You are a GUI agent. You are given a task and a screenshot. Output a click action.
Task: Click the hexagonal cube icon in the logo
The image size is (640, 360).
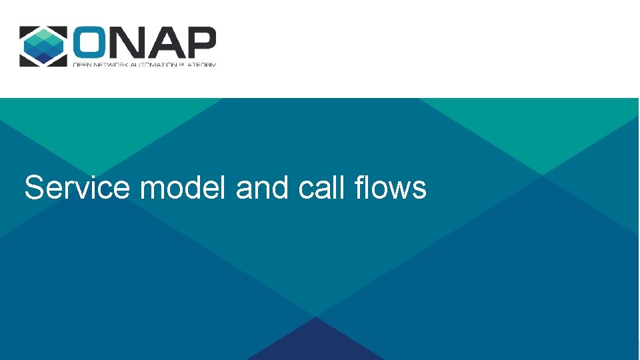43,46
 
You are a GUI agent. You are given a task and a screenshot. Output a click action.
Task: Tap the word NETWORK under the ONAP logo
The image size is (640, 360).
110,65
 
